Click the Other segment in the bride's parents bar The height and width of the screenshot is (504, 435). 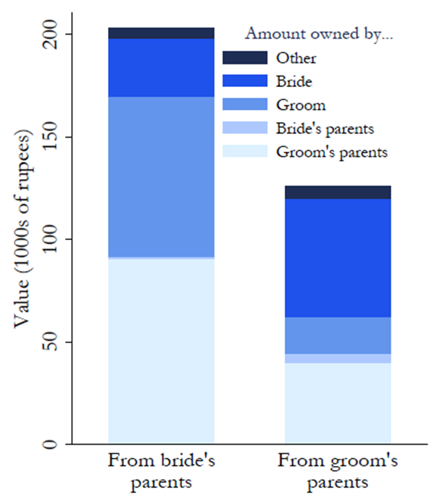tap(161, 33)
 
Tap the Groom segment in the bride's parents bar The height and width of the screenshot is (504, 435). tap(161, 176)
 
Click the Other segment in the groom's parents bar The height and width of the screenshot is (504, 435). tap(338, 192)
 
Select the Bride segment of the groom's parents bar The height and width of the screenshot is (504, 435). tap(338, 258)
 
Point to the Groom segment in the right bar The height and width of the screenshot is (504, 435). tap(338, 335)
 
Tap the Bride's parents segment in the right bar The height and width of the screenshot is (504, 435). tap(338, 358)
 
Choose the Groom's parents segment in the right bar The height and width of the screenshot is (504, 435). tap(338, 403)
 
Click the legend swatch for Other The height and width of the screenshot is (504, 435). tap(244, 57)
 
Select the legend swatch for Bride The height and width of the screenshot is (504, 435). tap(244, 81)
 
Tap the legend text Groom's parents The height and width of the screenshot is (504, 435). tap(331, 152)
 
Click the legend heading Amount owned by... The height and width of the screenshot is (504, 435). tap(319, 33)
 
